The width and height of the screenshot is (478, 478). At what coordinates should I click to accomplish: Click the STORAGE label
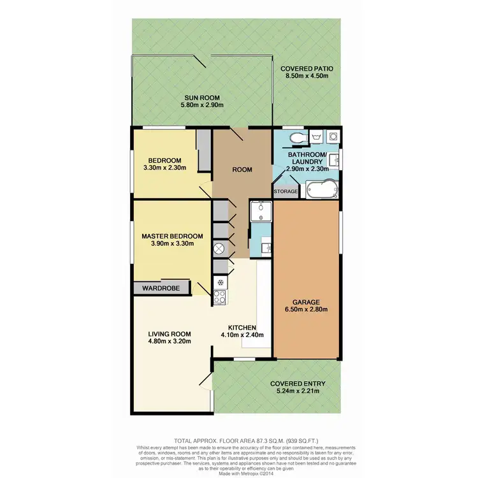pyautogui.click(x=286, y=191)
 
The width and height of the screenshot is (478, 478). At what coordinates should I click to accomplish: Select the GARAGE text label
pyautogui.click(x=307, y=301)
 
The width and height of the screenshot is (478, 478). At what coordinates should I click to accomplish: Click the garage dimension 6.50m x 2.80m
pyautogui.click(x=307, y=310)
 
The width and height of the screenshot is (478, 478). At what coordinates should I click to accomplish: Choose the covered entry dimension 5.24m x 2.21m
pyautogui.click(x=298, y=391)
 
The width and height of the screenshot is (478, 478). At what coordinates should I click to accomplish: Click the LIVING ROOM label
pyautogui.click(x=170, y=333)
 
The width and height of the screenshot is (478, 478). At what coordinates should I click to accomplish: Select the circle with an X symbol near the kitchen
pyautogui.click(x=220, y=248)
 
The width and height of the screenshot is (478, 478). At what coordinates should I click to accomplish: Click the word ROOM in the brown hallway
pyautogui.click(x=243, y=170)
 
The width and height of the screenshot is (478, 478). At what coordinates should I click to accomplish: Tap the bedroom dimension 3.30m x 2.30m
pyautogui.click(x=164, y=168)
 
